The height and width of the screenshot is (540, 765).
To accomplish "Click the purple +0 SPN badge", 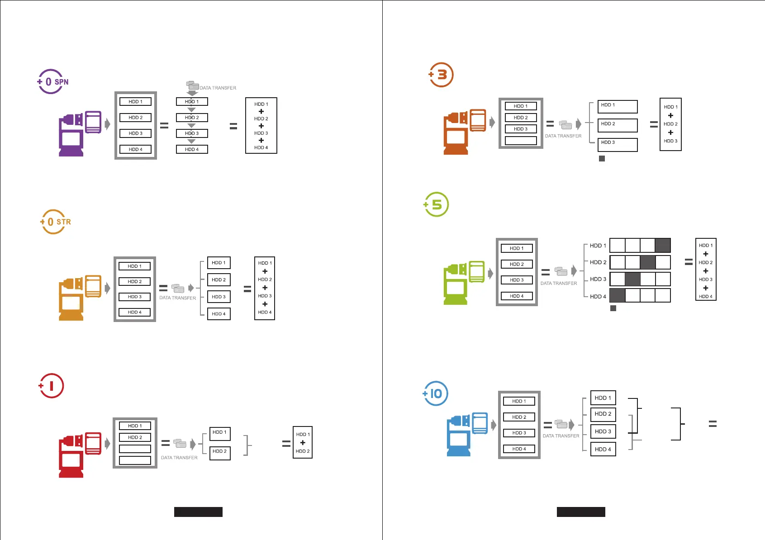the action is (52, 81).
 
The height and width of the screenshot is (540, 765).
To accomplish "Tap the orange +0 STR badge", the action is (55, 222).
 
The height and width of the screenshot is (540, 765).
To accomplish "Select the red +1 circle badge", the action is (51, 386).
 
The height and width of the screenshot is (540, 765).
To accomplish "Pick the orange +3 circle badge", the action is (441, 75).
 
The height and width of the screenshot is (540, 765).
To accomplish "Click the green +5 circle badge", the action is (436, 204).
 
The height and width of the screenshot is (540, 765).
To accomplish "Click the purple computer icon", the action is (80, 133).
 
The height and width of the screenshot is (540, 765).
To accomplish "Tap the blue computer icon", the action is (467, 434).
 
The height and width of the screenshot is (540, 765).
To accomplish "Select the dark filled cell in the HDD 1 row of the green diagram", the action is (663, 245).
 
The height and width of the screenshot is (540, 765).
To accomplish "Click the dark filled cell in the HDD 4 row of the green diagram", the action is (618, 295).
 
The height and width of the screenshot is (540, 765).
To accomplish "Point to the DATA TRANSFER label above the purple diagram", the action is (218, 88).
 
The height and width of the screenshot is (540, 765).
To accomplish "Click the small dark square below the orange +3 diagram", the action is (602, 158).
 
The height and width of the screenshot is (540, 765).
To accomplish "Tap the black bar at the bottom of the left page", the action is (198, 512).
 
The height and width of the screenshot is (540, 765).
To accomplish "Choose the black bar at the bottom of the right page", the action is (580, 512).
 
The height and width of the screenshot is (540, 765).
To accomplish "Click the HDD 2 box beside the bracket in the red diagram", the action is (220, 453).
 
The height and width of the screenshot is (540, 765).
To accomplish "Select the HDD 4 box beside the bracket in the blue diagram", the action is (603, 449).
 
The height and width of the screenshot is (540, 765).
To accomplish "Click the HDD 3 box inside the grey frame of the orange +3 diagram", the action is (520, 129).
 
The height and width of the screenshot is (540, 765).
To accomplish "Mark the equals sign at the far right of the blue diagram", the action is (713, 424).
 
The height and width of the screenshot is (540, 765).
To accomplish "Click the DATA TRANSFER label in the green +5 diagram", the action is (558, 283).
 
